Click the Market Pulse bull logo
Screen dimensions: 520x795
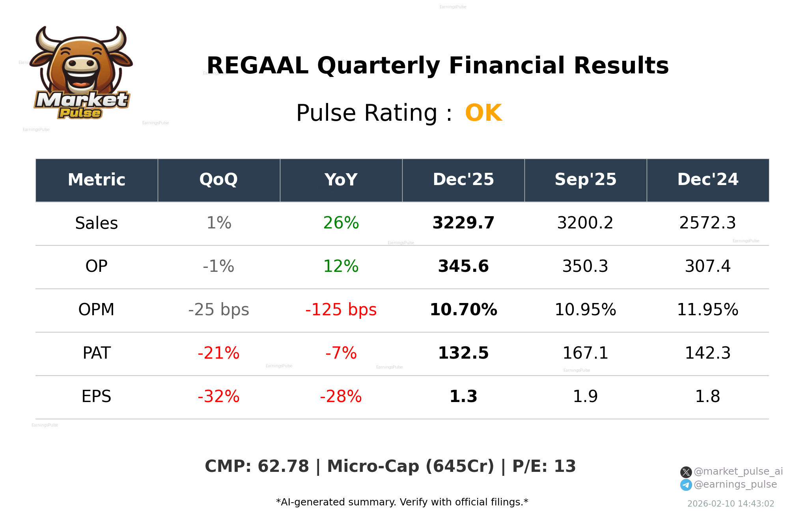[82, 73]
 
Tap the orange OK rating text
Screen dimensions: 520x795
[483, 113]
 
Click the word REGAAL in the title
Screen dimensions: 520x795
[257, 66]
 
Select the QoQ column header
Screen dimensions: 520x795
[218, 180]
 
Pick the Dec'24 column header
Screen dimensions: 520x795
[707, 180]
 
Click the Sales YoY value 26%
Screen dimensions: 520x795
[341, 223]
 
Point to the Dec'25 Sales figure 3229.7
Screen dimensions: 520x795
[463, 223]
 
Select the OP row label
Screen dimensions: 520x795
[96, 266]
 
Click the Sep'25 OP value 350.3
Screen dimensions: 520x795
[585, 266]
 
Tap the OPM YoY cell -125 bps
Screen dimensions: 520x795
[341, 310]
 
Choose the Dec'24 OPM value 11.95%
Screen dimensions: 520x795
[707, 310]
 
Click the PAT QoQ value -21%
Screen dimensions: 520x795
[218, 353]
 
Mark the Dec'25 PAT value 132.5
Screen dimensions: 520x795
[463, 353]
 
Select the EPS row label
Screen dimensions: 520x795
[96, 397]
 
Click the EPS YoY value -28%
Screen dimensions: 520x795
[341, 397]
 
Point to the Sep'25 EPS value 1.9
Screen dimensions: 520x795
[585, 397]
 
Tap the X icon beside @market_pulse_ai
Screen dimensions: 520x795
[686, 472]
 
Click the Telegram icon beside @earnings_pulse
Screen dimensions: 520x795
[686, 485]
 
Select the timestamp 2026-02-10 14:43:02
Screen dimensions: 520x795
[730, 504]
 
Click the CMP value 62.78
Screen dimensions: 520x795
[283, 466]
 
